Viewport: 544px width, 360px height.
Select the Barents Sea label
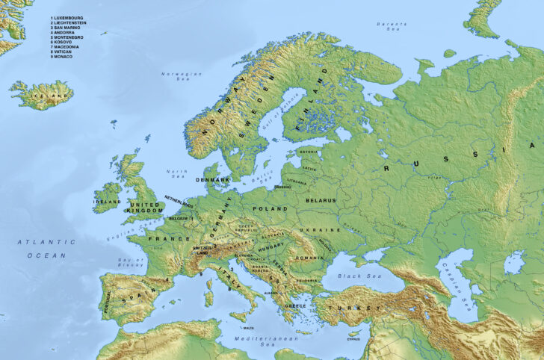tap(392, 26)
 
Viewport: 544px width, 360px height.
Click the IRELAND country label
tap(106, 202)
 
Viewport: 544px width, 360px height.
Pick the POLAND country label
tap(269, 210)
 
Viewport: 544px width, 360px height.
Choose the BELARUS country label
tap(320, 201)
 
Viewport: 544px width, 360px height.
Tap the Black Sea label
tap(350, 276)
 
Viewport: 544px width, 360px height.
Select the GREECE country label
tap(296, 306)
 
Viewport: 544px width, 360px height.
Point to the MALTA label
tap(248, 328)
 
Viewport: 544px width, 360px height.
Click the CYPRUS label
tap(353, 338)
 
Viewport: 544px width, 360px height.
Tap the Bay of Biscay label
tap(130, 261)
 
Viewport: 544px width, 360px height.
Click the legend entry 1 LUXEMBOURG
tap(68, 17)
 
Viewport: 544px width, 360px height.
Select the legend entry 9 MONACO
tap(63, 57)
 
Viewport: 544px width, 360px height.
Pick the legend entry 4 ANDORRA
tap(65, 32)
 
